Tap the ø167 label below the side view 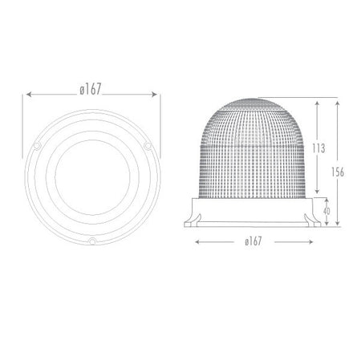[x=252, y=241]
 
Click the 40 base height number [x=325, y=211]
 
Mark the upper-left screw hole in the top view [x=38, y=144]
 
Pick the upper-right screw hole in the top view [x=148, y=144]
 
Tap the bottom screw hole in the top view [x=92, y=240]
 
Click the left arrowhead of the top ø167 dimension [x=30, y=95]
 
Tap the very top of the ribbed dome [x=252, y=102]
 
